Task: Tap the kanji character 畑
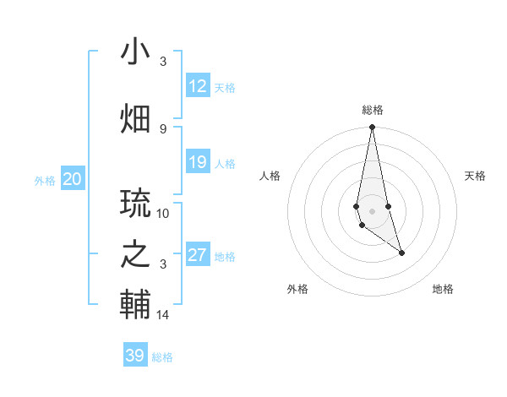pos(135,117)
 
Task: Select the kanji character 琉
pos(135,204)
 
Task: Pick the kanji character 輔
pos(135,303)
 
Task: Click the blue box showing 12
pos(198,86)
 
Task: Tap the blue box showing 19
pos(198,162)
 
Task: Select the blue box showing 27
pos(198,255)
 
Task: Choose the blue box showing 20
pos(73,179)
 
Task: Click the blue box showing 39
pos(135,356)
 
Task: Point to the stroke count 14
pos(163,315)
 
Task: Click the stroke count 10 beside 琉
pos(163,214)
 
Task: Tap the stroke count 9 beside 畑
pos(163,128)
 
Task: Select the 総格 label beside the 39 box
pos(162,357)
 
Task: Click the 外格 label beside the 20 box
pos(45,181)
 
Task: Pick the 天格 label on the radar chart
pos(475,176)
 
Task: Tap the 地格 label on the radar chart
pos(443,289)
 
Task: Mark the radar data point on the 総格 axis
pos(372,128)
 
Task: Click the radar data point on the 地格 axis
pos(401,253)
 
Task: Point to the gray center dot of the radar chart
pos(372,209)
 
